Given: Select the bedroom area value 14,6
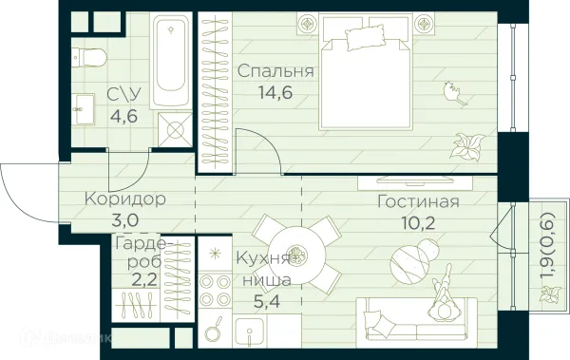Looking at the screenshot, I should [x=276, y=93].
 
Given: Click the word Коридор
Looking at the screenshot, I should [x=124, y=199].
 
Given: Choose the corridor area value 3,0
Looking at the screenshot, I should [x=125, y=220].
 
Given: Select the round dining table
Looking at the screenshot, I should [x=297, y=254].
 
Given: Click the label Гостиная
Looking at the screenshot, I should [x=418, y=201].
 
